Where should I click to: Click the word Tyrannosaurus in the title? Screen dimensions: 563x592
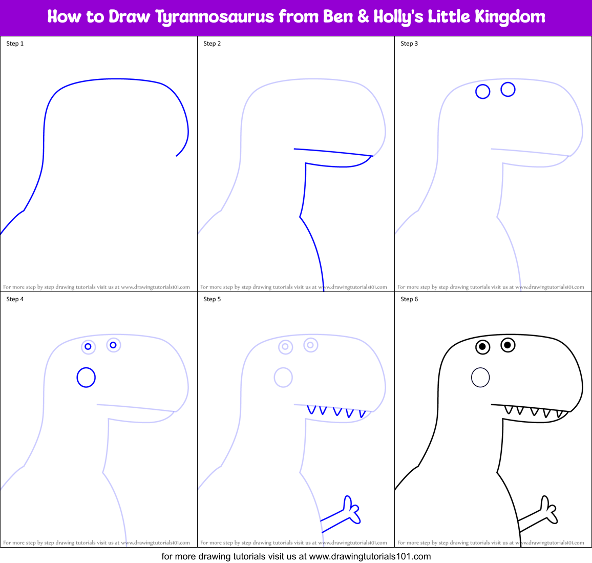(x=215, y=17)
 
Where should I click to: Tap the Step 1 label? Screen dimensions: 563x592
(x=15, y=44)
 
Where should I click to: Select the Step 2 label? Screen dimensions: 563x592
(x=212, y=44)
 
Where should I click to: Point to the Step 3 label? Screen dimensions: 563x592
(x=409, y=44)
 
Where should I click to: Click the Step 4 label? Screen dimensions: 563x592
(x=15, y=299)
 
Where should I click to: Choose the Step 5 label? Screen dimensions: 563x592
(x=212, y=299)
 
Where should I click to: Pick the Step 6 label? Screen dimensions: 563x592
(x=409, y=299)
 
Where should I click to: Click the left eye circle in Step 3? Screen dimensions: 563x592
(x=483, y=92)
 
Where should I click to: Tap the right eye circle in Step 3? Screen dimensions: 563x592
(x=508, y=89)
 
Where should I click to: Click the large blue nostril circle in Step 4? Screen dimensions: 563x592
(x=86, y=378)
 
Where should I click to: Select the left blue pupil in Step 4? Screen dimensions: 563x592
(x=88, y=347)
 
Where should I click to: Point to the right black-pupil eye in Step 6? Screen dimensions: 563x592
(x=508, y=345)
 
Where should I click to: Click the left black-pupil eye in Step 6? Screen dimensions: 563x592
(x=482, y=347)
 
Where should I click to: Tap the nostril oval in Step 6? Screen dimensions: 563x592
(x=480, y=378)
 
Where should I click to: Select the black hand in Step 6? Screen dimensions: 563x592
(x=548, y=510)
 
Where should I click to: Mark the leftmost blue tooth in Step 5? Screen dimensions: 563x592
(x=310, y=410)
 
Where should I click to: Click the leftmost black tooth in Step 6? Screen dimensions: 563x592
(x=508, y=410)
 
